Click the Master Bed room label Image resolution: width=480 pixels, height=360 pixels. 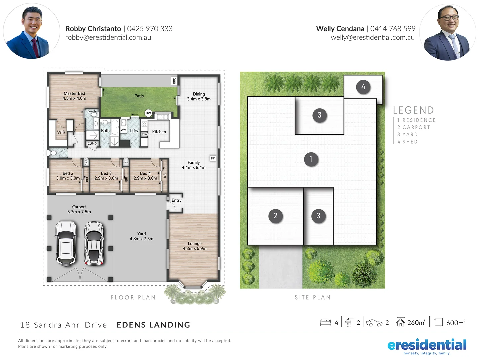pos(74,96)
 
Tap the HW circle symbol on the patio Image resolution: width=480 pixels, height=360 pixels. pos(148,113)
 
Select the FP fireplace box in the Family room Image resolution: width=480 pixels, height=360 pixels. pos(213,158)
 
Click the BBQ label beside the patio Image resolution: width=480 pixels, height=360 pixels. pos(174,81)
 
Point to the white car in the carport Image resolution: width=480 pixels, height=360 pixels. pos(66,243)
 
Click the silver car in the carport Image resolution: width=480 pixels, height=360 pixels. pos(94,243)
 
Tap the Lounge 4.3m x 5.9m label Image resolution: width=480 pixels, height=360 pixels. pos(195,246)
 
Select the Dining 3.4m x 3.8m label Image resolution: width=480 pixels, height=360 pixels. pos(199,96)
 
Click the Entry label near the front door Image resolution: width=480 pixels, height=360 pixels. pos(176,200)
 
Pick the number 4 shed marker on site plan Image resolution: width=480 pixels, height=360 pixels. pos(363,87)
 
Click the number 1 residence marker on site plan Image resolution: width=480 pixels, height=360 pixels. pos(311,159)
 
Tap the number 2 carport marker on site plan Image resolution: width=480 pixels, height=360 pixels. pos(275,216)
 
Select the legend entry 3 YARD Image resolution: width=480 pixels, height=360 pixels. pos(407,134)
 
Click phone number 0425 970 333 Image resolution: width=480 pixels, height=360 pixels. pos(150,29)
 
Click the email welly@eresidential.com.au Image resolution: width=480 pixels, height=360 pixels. pos(372,38)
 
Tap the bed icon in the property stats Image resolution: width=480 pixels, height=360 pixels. pos(325,322)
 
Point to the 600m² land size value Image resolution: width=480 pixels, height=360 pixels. pos(455,322)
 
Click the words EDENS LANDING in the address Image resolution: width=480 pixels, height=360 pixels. pos(153,325)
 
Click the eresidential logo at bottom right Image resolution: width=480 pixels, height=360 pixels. pos(427,346)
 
